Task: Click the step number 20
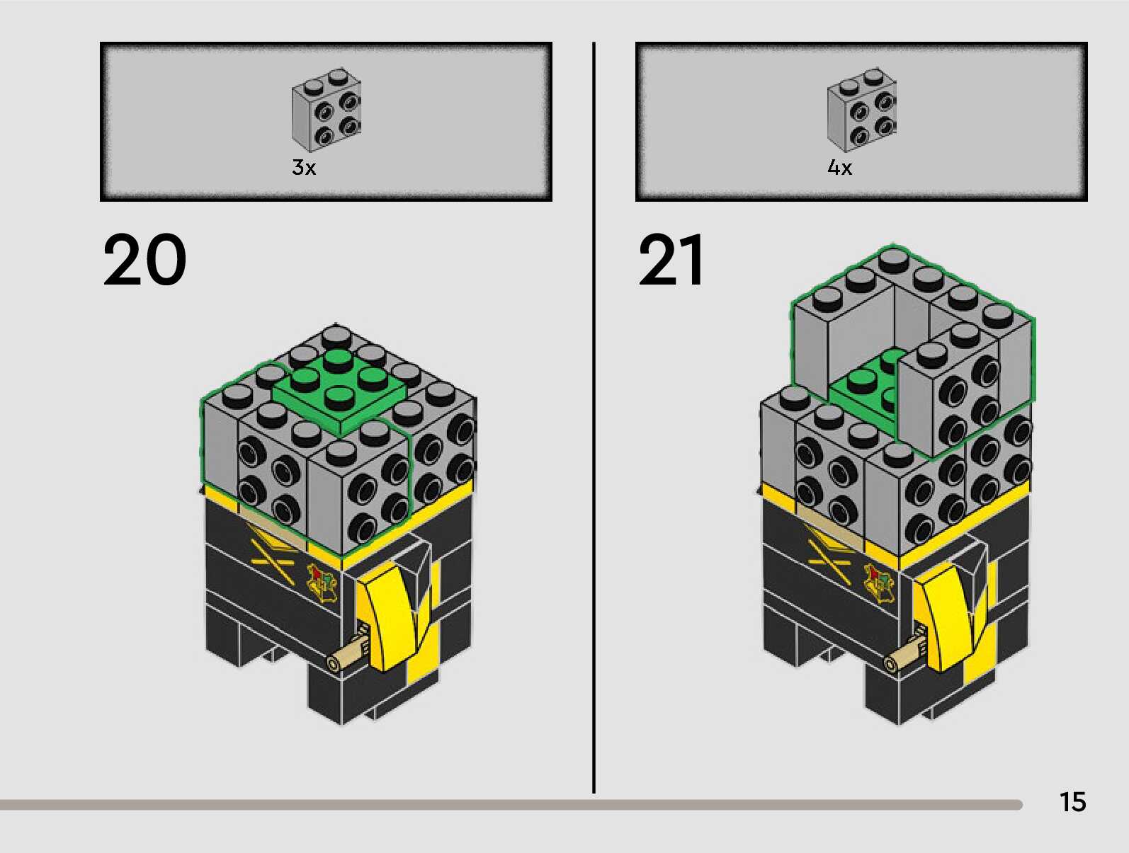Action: (x=145, y=260)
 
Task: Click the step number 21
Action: (x=671, y=260)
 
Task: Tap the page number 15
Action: (x=1072, y=802)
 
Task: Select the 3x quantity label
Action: (x=304, y=168)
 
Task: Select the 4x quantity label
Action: (x=839, y=168)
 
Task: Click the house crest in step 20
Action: (x=322, y=582)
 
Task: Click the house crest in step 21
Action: (x=880, y=582)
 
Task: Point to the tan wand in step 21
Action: (x=904, y=654)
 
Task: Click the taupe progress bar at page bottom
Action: (x=496, y=805)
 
